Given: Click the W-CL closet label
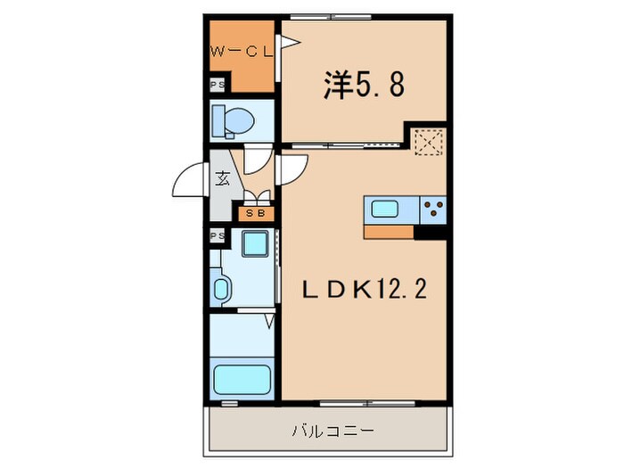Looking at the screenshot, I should click(x=240, y=53).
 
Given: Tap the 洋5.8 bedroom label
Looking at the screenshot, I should click(x=363, y=85).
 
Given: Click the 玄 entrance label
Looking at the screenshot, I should click(x=221, y=177).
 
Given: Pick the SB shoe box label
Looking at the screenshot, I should click(x=254, y=214).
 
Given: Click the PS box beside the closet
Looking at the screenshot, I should click(x=217, y=86).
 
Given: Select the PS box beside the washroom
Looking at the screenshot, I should click(x=217, y=235).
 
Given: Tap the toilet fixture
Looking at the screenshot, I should click(x=233, y=119).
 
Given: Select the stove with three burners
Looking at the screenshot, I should click(x=433, y=210).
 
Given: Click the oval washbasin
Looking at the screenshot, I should click(x=222, y=289).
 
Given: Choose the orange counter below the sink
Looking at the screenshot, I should click(x=389, y=232).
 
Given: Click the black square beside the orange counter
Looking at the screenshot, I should click(x=431, y=233).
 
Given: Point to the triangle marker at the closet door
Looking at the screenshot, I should click(x=287, y=42).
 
